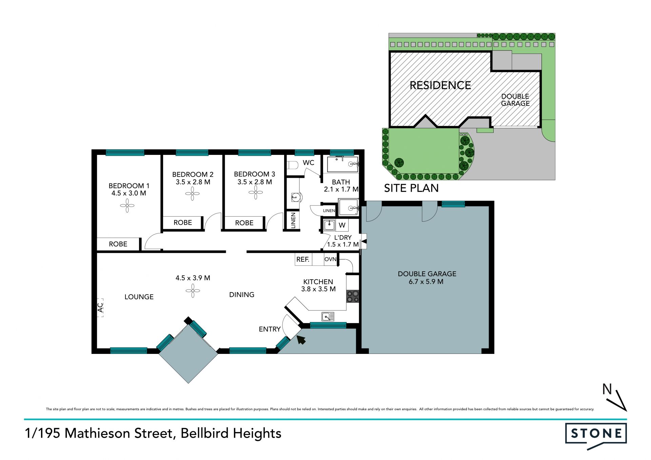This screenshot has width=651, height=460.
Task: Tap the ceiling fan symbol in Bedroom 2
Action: pos(192,194)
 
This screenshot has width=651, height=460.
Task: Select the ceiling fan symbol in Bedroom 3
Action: pos(255,193)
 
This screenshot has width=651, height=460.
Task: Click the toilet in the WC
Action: pos(293,165)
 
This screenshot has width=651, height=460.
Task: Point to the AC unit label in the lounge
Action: pos(100,307)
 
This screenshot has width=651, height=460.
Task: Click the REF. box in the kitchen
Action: pos(303,259)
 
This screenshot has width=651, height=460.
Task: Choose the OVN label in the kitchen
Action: pos(330,259)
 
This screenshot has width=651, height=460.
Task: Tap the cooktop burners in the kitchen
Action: pos(353,297)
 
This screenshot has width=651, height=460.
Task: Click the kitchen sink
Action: pos(328,317)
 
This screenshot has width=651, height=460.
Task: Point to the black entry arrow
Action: pos(301,339)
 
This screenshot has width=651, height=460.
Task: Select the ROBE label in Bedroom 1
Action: pos(118,244)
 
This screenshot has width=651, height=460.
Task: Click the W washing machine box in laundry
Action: pos(342,225)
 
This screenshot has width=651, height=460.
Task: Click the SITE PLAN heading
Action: pos(411,188)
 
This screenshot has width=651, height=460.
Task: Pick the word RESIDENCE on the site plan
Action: pos(440,85)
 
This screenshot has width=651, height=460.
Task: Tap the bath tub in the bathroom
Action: pos(342,164)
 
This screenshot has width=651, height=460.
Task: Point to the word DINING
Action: pos(242,295)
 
